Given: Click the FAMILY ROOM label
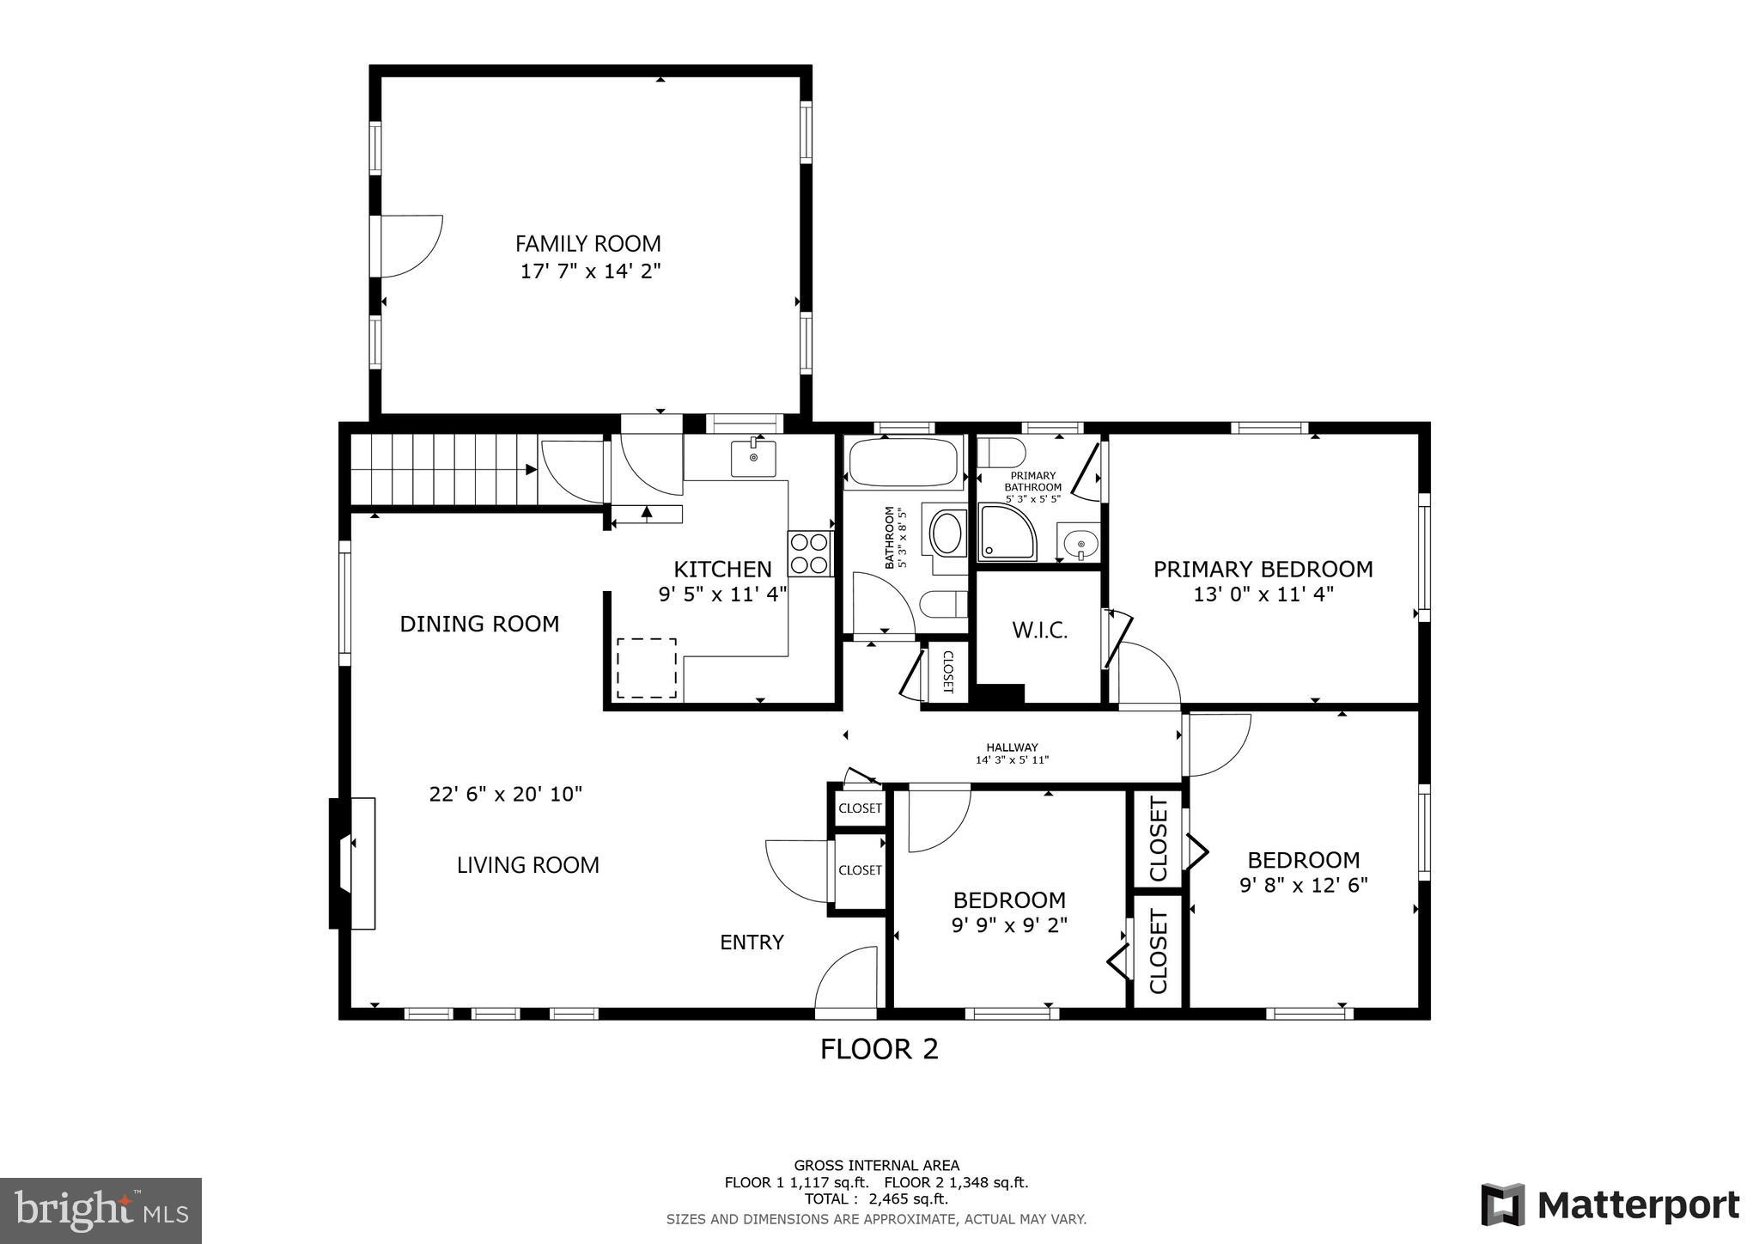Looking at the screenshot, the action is click(x=588, y=244).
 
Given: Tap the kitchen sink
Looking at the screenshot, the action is click(x=753, y=459).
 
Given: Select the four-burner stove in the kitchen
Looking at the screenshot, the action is click(x=811, y=553).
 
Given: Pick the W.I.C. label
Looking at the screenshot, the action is click(x=1039, y=631).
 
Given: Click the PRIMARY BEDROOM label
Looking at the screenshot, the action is click(x=1263, y=569).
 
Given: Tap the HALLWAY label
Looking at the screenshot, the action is click(x=1012, y=747).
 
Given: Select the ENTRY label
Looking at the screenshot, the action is click(x=752, y=942).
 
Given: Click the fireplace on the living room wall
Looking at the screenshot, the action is click(x=353, y=863).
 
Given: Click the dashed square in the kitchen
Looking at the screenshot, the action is click(x=647, y=668).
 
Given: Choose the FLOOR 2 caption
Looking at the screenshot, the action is click(x=879, y=1049).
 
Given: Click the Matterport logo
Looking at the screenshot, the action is click(x=1610, y=1204).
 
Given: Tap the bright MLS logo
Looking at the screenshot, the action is click(x=100, y=1210).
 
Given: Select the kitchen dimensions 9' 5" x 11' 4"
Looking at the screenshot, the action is click(x=722, y=595).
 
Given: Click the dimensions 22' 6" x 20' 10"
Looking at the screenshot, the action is click(x=506, y=794).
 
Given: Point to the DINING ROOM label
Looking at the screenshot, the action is click(x=479, y=624).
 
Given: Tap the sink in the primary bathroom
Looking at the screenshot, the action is click(x=1079, y=542).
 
